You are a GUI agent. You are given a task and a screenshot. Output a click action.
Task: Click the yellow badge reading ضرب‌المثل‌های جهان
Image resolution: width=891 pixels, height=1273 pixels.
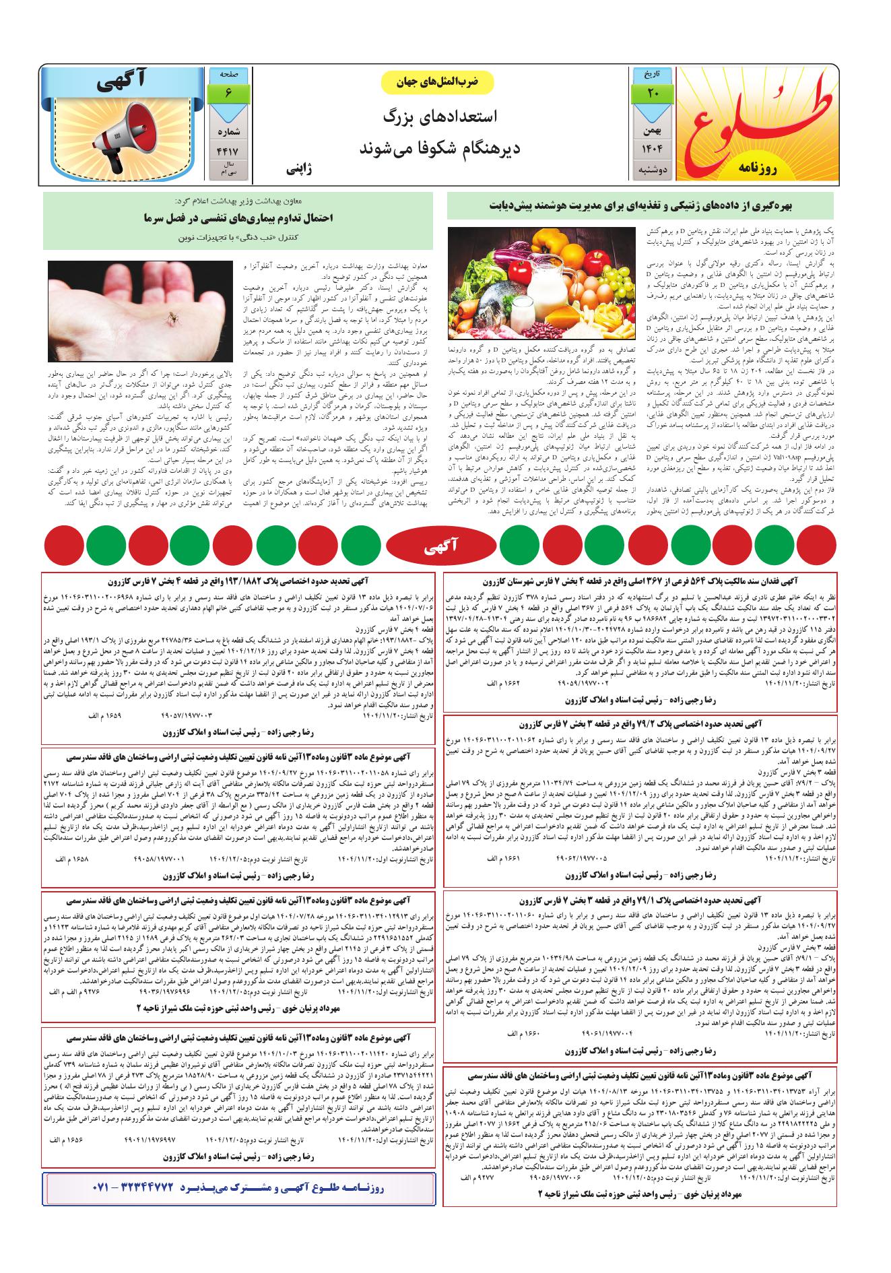click(x=438, y=81)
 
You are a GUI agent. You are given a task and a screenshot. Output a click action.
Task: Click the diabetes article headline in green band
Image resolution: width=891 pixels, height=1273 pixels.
click(x=640, y=206)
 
